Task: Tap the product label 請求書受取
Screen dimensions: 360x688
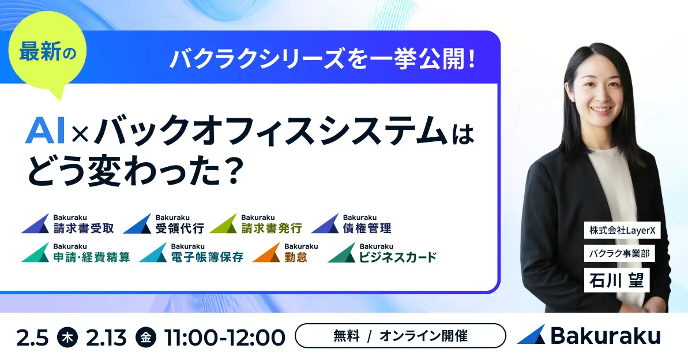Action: tap(83, 228)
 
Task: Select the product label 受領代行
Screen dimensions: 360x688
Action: tap(179, 228)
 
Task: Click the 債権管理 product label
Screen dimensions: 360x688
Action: tap(367, 228)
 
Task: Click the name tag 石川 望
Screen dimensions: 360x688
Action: tap(617, 281)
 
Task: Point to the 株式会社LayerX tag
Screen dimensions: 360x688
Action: tap(622, 230)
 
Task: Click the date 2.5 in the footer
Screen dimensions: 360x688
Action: tap(33, 337)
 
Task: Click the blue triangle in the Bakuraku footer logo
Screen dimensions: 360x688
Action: tap(532, 335)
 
